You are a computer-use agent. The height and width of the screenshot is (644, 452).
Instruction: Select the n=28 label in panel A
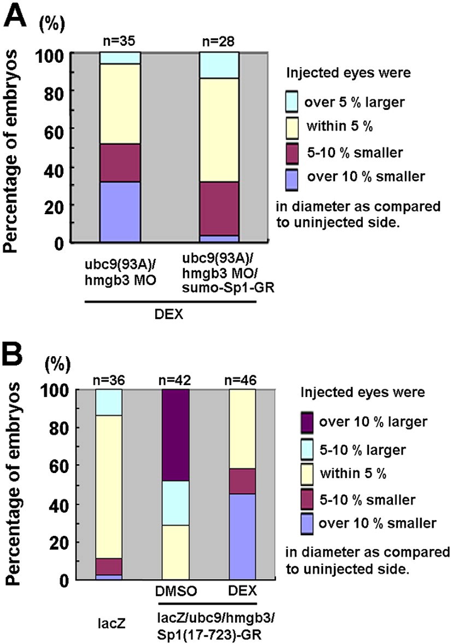click(219, 42)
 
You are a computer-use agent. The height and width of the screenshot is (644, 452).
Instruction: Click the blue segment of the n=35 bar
click(120, 211)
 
